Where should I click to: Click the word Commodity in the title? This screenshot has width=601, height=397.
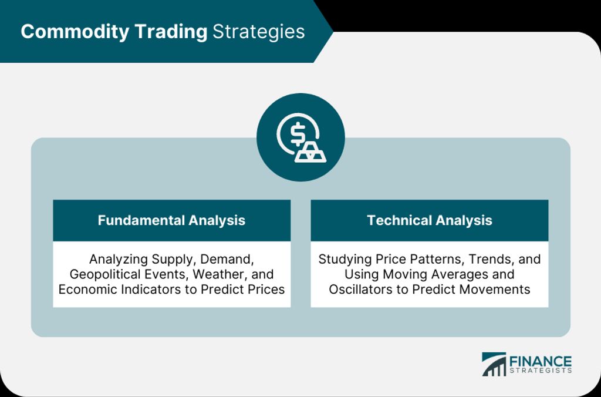(75, 32)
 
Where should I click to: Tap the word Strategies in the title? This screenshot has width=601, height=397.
(259, 32)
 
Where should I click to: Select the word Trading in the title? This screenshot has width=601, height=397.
(171, 32)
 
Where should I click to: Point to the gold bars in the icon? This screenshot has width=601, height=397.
(310, 153)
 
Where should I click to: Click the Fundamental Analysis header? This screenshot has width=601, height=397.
(171, 220)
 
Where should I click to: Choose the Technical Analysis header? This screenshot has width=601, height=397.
(429, 220)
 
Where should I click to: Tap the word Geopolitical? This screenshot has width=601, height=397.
(103, 274)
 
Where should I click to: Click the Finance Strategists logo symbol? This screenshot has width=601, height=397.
(494, 364)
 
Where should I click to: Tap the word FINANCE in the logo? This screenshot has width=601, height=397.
(541, 362)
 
